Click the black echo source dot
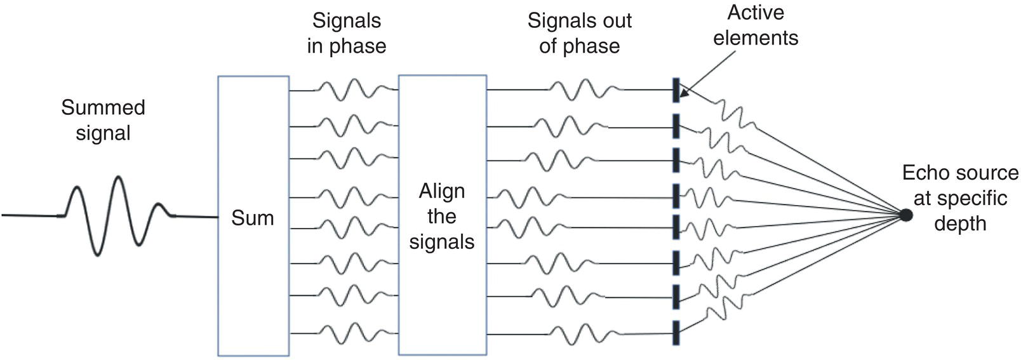pos(906,215)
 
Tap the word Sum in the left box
pos(252,218)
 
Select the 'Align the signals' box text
pos(442,217)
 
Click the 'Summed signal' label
pos(103,120)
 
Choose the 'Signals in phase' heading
pos(347,34)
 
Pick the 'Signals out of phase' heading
pos(580,34)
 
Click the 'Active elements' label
pos(756,25)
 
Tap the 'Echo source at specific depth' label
pos(960,198)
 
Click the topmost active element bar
pos(676,90)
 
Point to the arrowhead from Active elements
pos(681,95)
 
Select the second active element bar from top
pos(676,125)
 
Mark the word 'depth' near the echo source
pos(960,223)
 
